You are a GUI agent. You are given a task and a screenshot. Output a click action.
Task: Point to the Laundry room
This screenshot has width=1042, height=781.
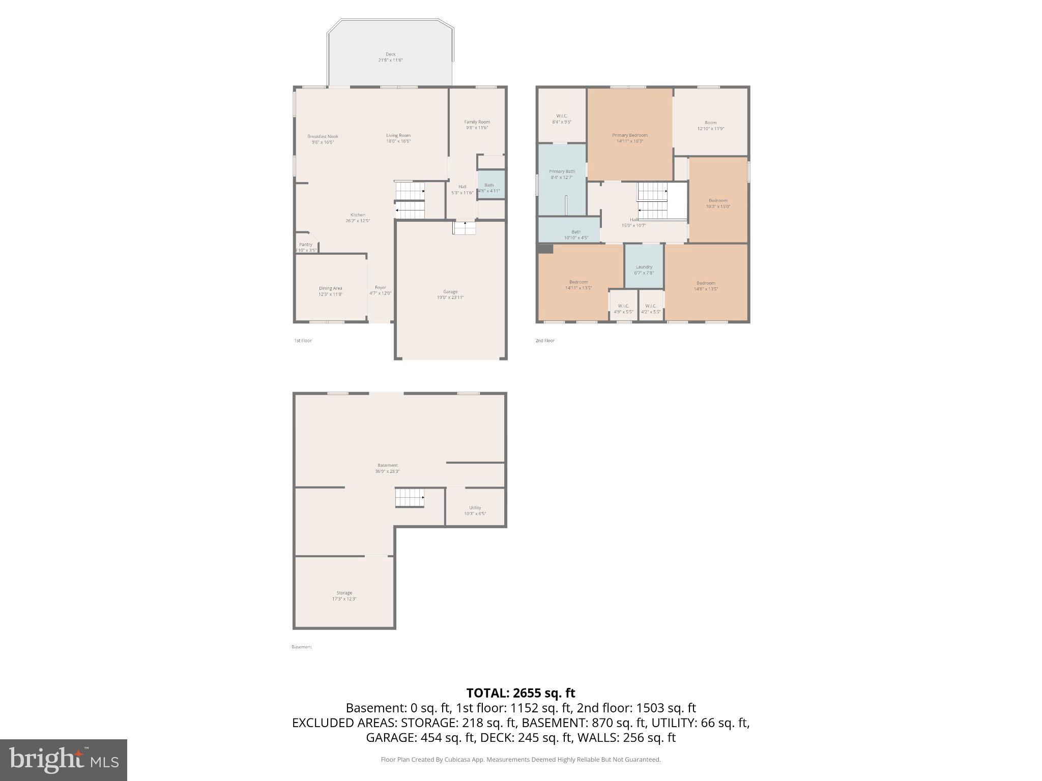[x=644, y=269]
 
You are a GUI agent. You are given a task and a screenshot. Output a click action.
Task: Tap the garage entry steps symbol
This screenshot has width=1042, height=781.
[x=465, y=228]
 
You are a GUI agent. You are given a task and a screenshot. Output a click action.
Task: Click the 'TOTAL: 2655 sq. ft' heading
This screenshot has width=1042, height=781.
[x=520, y=693]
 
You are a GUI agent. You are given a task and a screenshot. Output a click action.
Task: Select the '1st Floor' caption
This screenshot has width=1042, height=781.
[x=303, y=341]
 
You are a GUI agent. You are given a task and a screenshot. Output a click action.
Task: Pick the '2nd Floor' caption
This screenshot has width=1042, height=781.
[x=545, y=341]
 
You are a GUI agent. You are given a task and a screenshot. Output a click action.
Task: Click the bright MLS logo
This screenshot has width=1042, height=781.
[x=64, y=760]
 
